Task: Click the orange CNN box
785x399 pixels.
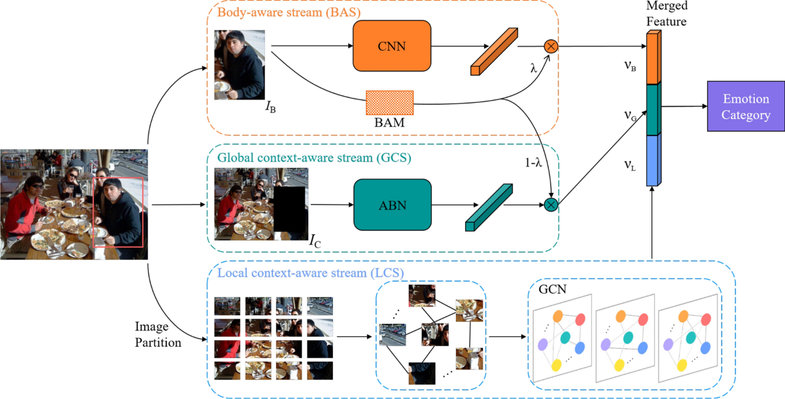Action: coord(392,46)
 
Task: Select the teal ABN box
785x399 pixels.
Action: coord(392,204)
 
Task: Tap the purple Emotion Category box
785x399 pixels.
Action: coord(746,107)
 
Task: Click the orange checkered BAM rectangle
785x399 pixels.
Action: coord(390,103)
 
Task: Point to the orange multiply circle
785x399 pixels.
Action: coord(550,46)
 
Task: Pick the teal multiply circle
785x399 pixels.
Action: coord(550,205)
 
